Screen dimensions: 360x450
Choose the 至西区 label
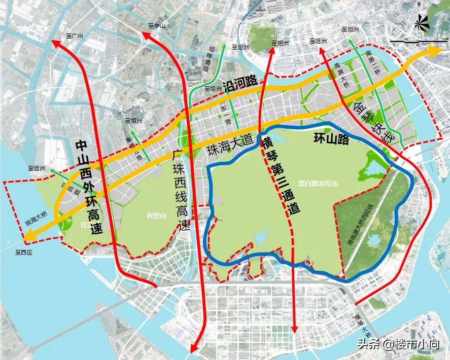click(23, 252)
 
